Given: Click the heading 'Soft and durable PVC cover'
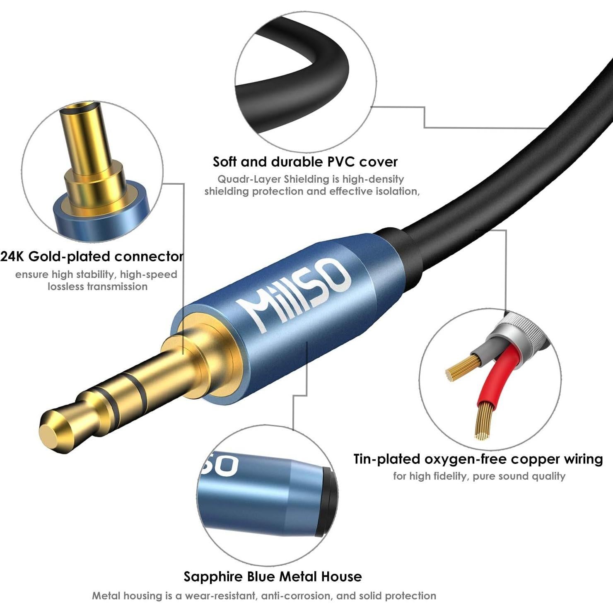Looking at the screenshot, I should [x=305, y=162].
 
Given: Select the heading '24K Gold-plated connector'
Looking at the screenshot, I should [x=92, y=256].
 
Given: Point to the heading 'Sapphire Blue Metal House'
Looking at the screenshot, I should [x=273, y=577].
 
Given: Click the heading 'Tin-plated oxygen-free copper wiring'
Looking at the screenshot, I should [x=478, y=459].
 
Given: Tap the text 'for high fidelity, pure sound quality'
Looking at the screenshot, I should [x=479, y=476].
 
